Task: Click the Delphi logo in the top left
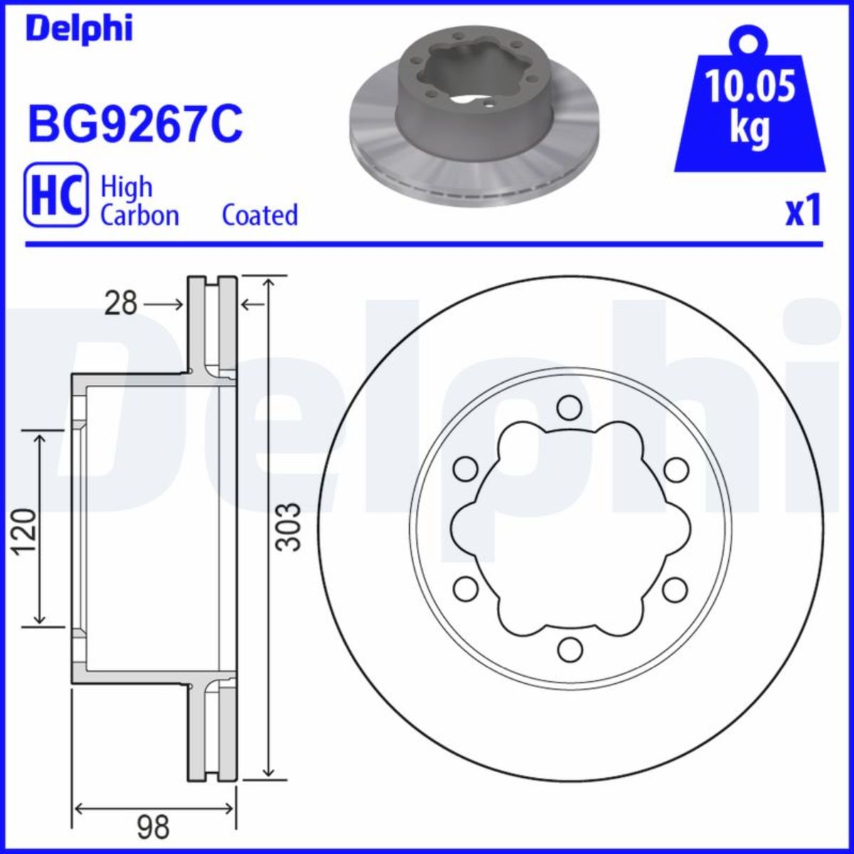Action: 79,28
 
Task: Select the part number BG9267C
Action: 135,122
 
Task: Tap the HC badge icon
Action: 56,194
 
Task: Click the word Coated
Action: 260,214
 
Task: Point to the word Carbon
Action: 139,215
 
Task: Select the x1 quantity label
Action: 803,212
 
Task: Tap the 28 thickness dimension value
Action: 120,304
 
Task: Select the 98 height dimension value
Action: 152,827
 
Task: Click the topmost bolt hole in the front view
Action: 568,408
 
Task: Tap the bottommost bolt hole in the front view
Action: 568,649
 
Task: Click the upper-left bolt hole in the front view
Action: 465,469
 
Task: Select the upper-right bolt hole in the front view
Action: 676,469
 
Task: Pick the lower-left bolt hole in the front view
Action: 465,589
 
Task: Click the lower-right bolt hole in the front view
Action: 674,589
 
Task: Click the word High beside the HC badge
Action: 126,187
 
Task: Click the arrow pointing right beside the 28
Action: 163,304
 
